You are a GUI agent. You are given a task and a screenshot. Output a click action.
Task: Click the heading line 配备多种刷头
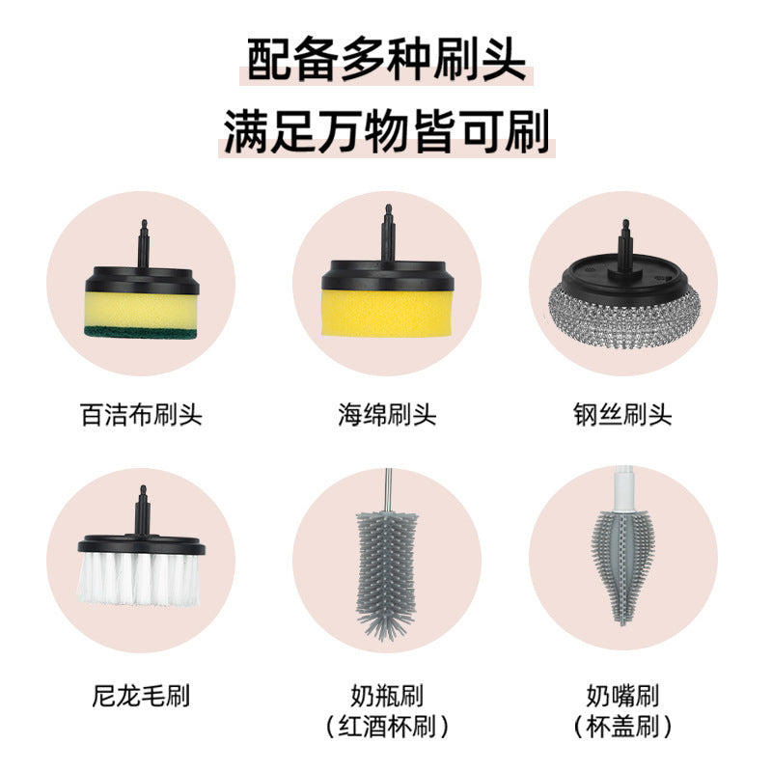pyautogui.click(x=386, y=60)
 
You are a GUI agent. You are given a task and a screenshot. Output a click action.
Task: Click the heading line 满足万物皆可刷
pyautogui.click(x=387, y=132)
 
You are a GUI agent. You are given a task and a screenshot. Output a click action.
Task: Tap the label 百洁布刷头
pyautogui.click(x=141, y=414)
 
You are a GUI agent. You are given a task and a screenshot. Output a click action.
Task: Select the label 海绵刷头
pyautogui.click(x=387, y=414)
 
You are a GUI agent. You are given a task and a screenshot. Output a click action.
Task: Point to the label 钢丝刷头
pyautogui.click(x=622, y=414)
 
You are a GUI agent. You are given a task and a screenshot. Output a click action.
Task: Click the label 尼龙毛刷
pyautogui.click(x=141, y=696)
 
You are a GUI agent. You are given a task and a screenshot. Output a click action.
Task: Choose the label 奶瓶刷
pyautogui.click(x=387, y=696)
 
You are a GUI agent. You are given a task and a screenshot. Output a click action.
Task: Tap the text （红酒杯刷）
pyautogui.click(x=387, y=727)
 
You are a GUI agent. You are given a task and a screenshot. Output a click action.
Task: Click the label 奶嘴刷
pyautogui.click(x=622, y=696)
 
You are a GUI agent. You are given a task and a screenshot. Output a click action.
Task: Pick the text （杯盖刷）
pyautogui.click(x=622, y=727)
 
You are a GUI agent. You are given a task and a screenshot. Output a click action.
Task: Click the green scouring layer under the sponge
pyautogui.click(x=141, y=332)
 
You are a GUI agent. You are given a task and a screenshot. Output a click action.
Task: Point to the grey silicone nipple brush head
pyautogui.click(x=622, y=566)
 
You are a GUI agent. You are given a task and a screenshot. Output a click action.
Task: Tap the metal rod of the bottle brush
pyautogui.click(x=389, y=490)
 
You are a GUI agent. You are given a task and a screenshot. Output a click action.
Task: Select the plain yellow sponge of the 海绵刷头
pyautogui.click(x=387, y=314)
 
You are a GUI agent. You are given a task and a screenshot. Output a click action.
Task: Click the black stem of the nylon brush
pyautogui.click(x=143, y=510)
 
